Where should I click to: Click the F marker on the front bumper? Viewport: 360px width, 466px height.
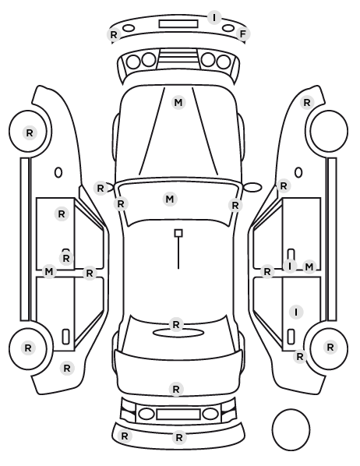coord(243,34)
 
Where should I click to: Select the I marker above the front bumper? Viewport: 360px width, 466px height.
coord(214,18)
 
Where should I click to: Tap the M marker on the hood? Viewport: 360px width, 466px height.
coord(178,103)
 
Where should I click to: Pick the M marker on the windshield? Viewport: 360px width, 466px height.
coord(170,199)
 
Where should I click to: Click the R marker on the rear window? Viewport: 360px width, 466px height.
coord(176,324)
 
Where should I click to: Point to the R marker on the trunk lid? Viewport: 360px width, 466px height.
coord(176,389)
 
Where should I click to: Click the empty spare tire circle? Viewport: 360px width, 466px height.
coord(291,429)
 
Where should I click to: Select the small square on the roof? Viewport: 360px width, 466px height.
coord(178,233)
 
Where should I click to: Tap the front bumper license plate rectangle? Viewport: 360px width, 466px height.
coord(178,24)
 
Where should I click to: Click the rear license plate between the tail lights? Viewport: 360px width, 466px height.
coord(178,414)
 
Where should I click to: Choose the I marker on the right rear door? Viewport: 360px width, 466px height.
coord(296,312)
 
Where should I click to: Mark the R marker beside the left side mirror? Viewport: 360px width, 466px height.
coord(101,188)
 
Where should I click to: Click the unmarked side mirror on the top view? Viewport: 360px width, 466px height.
coord(252,187)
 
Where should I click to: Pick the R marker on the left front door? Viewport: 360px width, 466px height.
coord(62,214)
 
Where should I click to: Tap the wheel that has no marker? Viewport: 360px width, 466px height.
coord(329,131)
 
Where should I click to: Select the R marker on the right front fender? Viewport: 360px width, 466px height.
coord(307,103)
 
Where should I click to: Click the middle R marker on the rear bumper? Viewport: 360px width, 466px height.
coord(179,437)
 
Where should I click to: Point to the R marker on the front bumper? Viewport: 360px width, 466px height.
coord(114,35)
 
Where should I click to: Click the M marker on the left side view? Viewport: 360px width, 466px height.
coord(49,272)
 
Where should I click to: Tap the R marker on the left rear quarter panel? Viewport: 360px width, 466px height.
coord(67,369)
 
